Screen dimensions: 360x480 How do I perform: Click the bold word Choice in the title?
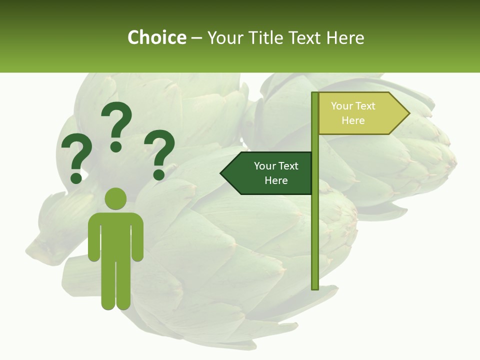click(156, 37)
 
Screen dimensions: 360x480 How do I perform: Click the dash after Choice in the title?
click(196, 38)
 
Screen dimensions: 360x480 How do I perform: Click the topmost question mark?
click(116, 125)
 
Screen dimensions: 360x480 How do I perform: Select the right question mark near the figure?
click(159, 153)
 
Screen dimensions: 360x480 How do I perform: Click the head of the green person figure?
click(115, 198)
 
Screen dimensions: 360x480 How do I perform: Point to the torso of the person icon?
click(115, 235)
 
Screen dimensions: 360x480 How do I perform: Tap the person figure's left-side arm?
click(93, 237)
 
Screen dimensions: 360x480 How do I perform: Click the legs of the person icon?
click(115, 285)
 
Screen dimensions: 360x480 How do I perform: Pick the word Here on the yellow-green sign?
click(353, 120)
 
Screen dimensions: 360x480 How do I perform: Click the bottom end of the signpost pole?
click(315, 287)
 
